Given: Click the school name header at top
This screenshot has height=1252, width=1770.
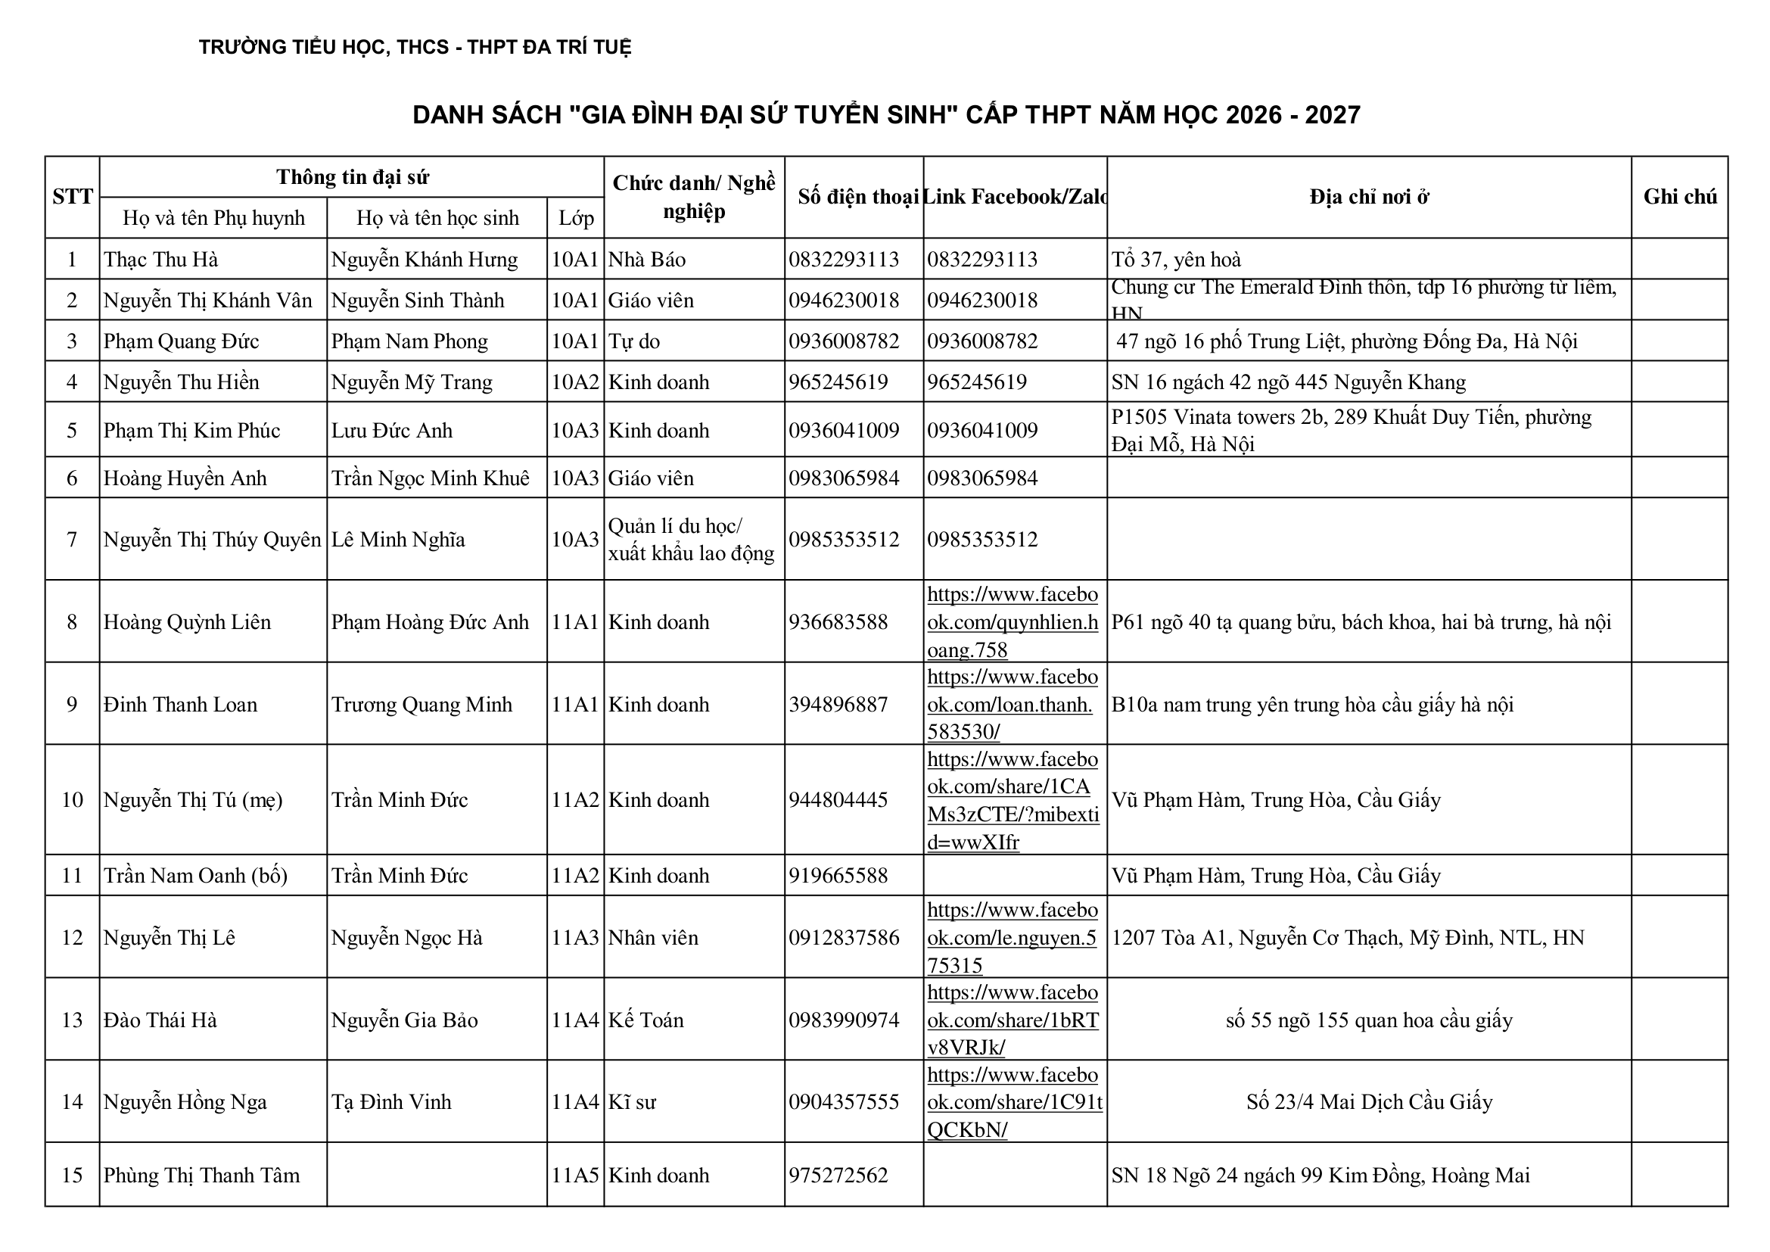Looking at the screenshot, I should [415, 47].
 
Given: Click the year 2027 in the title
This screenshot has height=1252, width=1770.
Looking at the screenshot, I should [1332, 115].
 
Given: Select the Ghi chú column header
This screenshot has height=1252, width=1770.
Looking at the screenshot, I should [1680, 197].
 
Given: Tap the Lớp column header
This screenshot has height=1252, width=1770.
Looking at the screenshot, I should [575, 218].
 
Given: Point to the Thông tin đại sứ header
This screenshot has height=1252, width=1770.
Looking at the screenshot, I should [352, 177].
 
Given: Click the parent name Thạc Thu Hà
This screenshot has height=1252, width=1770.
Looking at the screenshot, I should [161, 259].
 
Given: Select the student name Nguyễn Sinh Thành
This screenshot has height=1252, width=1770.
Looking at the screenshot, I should [418, 300].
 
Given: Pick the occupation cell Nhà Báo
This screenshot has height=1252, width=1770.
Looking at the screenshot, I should [647, 259].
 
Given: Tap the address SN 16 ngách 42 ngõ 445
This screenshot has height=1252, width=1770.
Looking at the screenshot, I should [1287, 382].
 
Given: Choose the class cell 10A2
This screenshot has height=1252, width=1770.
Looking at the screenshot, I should [575, 382].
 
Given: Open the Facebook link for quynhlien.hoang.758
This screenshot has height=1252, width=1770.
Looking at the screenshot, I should [1013, 622].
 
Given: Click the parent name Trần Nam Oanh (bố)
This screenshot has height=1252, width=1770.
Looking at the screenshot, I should [196, 875].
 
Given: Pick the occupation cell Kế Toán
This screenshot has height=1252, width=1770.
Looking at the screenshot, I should [646, 1020].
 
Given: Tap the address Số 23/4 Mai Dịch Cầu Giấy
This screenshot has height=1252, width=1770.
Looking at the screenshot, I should [1369, 1101].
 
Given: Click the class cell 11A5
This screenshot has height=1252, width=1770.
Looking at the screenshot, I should [575, 1175].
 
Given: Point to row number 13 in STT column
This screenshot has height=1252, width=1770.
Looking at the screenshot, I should [72, 1020].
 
